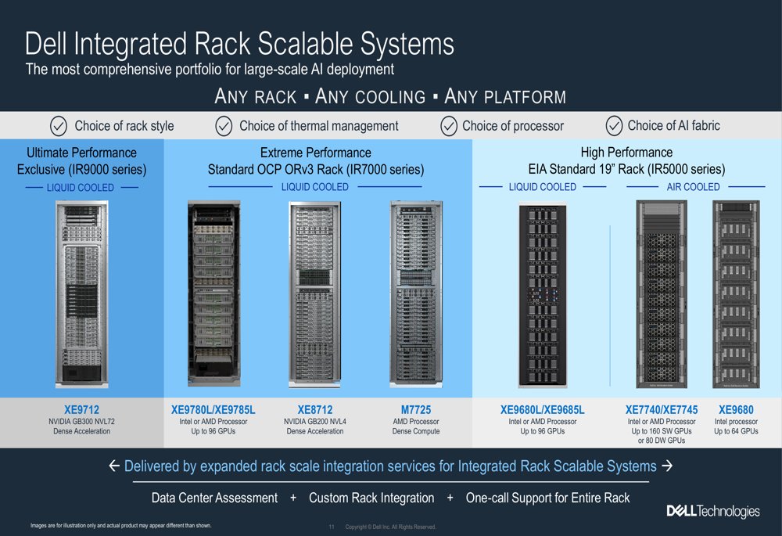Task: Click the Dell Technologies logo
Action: (x=712, y=511)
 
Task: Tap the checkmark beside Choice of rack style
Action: (x=59, y=126)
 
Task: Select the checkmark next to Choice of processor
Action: (x=449, y=126)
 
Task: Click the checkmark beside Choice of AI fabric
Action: (x=614, y=125)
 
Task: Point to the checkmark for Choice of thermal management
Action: (x=224, y=126)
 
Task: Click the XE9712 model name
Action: (x=81, y=409)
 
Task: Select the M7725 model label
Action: (x=415, y=409)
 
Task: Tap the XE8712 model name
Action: (x=315, y=409)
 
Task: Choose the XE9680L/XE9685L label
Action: (x=542, y=409)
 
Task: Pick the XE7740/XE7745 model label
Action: (x=662, y=409)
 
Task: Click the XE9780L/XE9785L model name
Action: (x=213, y=409)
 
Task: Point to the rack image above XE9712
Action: (x=81, y=293)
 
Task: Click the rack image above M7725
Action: (x=415, y=293)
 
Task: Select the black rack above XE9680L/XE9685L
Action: (x=542, y=295)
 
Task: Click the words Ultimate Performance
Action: (x=81, y=153)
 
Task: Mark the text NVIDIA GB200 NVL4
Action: (x=315, y=422)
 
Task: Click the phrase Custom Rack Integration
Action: (x=371, y=498)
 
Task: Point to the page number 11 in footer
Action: (x=332, y=527)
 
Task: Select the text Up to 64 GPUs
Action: (x=736, y=431)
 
